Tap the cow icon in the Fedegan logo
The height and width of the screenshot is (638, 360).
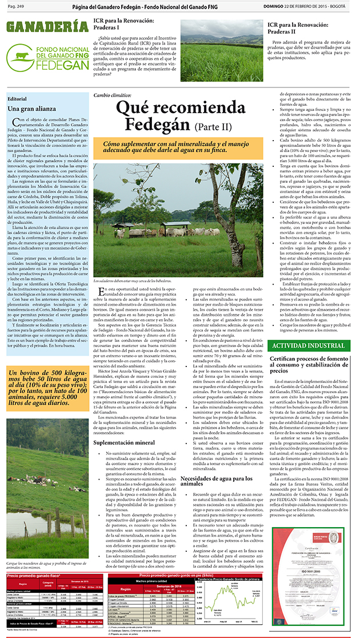point(22,56)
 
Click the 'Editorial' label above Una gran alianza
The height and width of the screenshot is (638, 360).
point(17,98)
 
